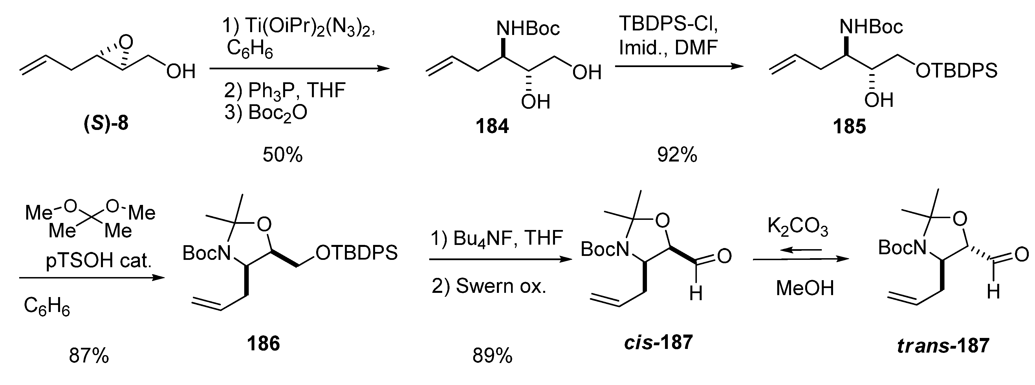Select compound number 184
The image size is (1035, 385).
[x=492, y=127]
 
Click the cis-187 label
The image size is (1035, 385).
[x=658, y=343]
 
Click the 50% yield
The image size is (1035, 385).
[x=283, y=155]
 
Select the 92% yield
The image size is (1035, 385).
[x=677, y=155]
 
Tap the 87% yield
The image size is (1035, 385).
[x=89, y=356]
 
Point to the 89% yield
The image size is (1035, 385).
[x=492, y=356]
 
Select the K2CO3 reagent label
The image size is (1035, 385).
[x=798, y=227]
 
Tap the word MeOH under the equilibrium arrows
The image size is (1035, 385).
[x=805, y=288]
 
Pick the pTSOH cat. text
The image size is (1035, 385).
[x=99, y=261]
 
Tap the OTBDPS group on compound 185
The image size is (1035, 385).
[x=956, y=71]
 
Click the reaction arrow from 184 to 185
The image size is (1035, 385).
[x=679, y=66]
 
